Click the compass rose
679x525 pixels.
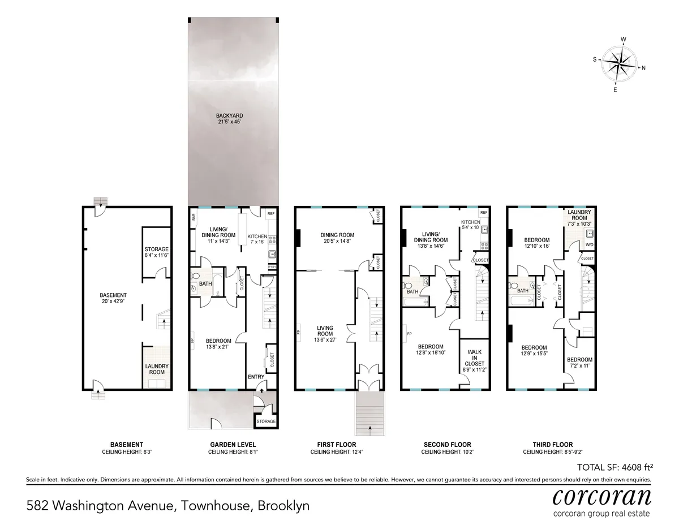coord(620,64)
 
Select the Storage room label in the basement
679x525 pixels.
coord(157,252)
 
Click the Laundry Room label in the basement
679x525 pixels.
coord(156,369)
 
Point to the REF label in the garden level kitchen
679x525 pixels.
coord(270,214)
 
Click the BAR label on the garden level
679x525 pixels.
coord(194,217)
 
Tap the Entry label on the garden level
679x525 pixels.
coord(256,377)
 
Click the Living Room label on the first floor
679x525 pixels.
coord(325,332)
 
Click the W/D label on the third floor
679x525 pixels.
coord(588,245)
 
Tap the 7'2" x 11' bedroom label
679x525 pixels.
coord(579,363)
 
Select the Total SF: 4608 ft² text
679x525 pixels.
coord(614,467)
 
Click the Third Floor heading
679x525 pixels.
coord(548,445)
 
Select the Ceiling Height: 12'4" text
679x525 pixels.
coord(337,453)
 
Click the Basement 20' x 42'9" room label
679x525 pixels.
coord(113,299)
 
